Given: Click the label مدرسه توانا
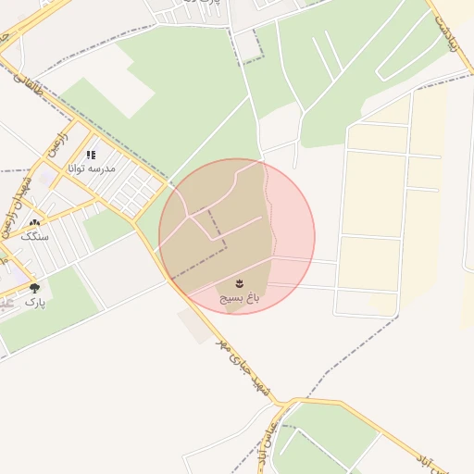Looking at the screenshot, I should [x=89, y=168].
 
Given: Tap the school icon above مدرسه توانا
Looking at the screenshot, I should [x=91, y=156].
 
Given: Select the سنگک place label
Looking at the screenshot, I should [x=34, y=236].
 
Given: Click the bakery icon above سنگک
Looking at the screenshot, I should [x=35, y=223].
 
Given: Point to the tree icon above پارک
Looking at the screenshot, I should [x=35, y=288].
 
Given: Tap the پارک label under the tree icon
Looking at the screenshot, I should [x=34, y=302].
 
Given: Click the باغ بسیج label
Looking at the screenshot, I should [x=239, y=299].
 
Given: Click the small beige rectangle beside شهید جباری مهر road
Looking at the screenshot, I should [x=195, y=325].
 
